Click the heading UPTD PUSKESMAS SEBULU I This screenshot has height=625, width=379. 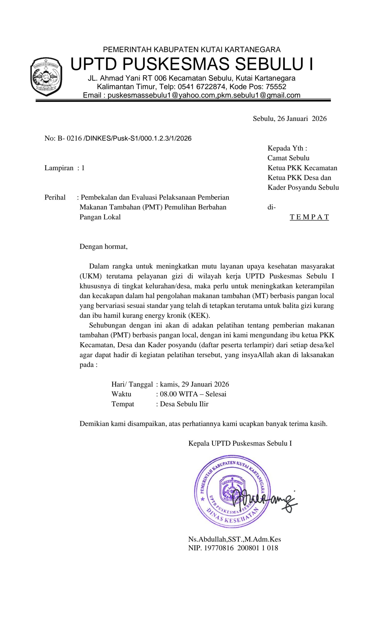point(191,64)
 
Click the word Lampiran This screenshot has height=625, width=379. point(59,168)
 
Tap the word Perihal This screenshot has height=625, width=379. point(55,197)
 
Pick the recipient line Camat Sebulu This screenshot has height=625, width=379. point(288,158)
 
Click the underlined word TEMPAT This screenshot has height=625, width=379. point(309,217)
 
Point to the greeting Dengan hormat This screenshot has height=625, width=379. point(104,246)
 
